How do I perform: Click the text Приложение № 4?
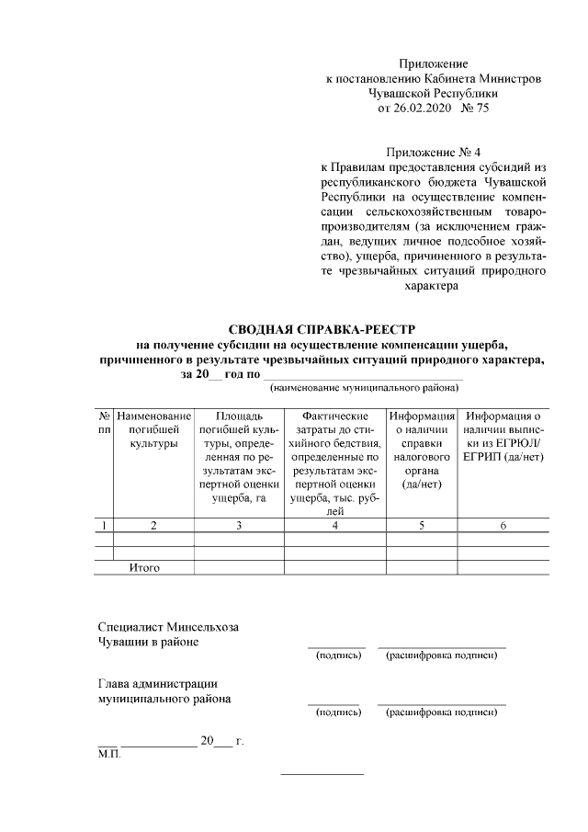click(434, 151)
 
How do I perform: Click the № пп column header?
click(103, 424)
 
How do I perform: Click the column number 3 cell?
click(239, 525)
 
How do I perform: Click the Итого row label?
click(144, 568)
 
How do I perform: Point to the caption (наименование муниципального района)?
click(363, 390)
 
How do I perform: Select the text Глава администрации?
click(157, 683)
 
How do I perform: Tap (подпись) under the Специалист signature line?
click(337, 655)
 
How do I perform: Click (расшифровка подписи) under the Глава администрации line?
click(442, 712)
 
